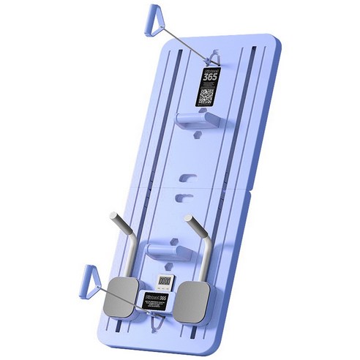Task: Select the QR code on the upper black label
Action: [208, 96]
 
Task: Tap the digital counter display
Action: [166, 280]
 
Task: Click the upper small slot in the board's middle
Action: [189, 176]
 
